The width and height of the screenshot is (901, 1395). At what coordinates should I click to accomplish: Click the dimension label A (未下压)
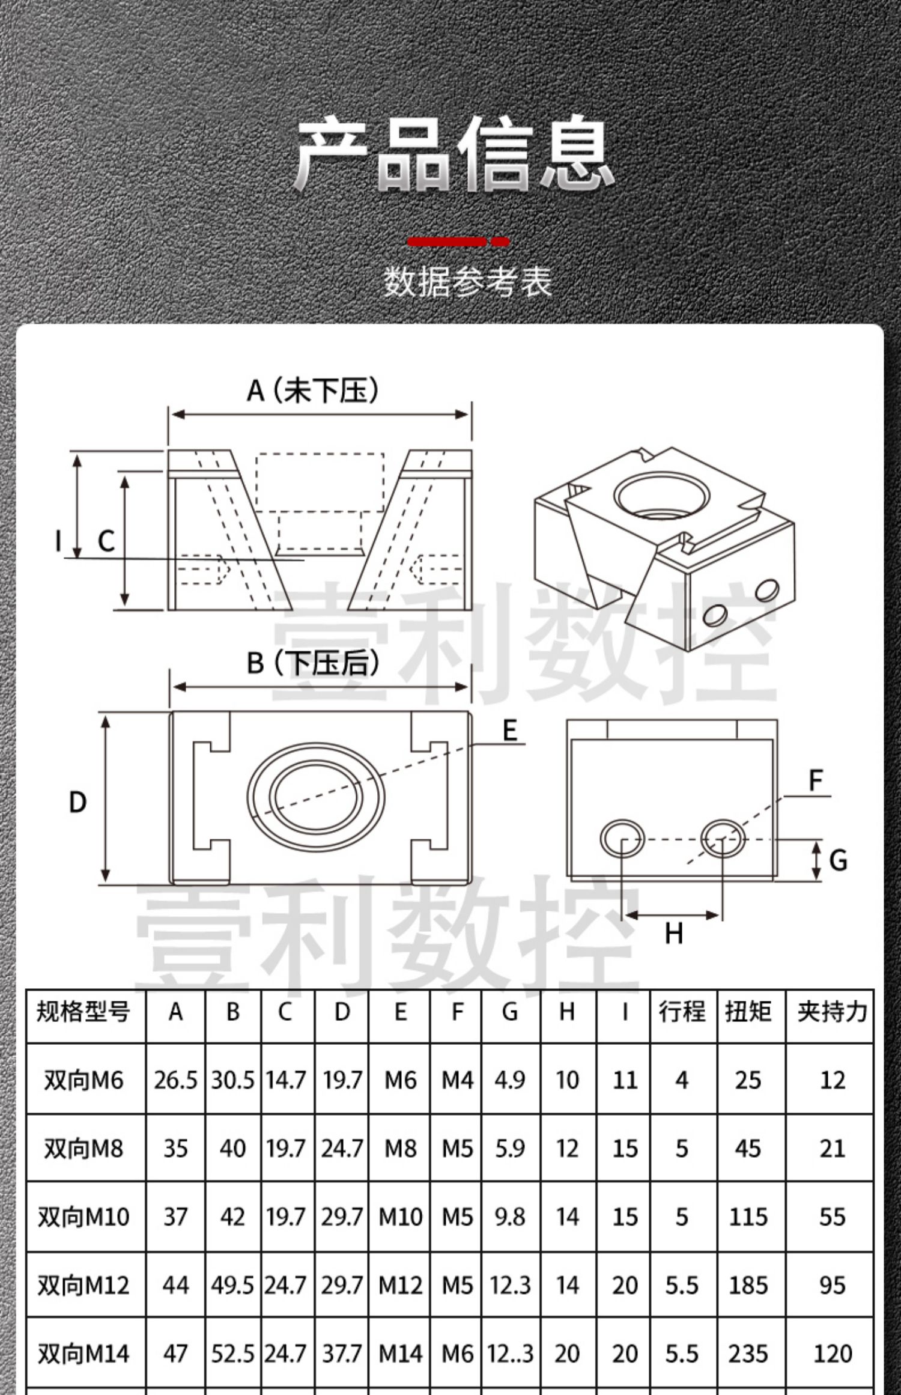313,391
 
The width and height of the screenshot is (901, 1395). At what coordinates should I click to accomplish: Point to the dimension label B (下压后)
313,663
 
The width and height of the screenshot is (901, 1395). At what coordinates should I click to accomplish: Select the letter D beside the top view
78,803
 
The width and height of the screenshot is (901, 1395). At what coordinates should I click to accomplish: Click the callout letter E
509,731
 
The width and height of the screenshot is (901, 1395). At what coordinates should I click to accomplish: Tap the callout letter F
815,781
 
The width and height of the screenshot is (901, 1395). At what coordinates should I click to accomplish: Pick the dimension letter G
838,860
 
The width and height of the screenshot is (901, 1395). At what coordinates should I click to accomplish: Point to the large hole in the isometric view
661,496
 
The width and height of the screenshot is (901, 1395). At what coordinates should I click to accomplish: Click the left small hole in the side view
622,839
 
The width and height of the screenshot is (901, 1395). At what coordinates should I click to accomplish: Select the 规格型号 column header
83,1012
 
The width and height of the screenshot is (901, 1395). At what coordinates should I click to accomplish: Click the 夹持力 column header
832,1012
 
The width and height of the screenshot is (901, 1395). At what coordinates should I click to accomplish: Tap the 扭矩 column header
748,1012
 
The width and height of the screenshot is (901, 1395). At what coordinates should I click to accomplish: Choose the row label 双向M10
83,1217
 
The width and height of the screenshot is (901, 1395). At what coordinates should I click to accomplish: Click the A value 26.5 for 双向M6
175,1080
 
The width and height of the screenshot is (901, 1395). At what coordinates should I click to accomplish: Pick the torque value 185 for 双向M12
748,1285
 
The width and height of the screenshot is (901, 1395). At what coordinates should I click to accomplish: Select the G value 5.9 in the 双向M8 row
510,1149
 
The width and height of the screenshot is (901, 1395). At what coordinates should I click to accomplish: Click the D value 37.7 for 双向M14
342,1354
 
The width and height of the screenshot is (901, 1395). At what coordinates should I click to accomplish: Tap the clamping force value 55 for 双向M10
832,1217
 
